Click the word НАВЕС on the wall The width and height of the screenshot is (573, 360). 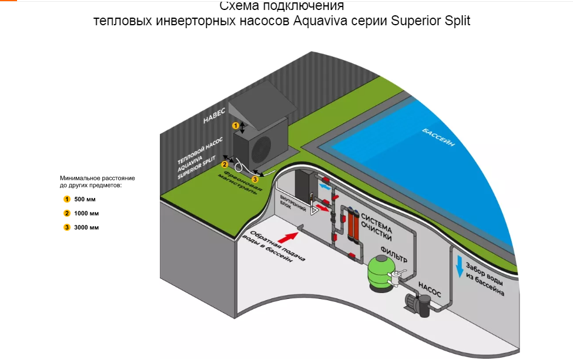tap(215, 117)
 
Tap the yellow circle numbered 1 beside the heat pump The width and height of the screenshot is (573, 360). tap(236, 126)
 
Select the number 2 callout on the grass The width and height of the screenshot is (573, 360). tap(224, 165)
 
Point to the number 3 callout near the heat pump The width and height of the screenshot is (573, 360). tap(254, 179)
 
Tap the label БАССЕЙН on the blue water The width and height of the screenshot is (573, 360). tap(438, 141)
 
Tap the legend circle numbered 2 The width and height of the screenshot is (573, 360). tap(67, 213)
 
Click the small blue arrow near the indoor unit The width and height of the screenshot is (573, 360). tap(324, 186)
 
